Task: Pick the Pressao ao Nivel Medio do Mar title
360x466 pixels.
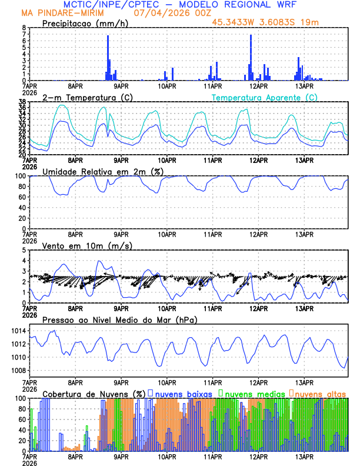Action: (x=119, y=319)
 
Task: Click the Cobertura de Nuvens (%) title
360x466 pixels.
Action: (x=92, y=393)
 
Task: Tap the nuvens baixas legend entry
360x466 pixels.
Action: (x=182, y=393)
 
